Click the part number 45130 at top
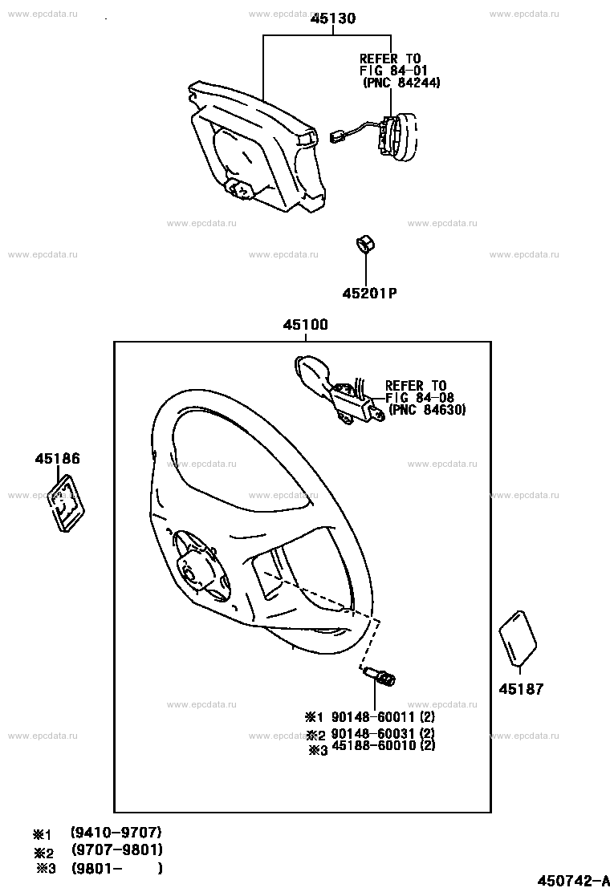pyautogui.click(x=333, y=18)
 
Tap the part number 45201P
pyautogui.click(x=370, y=294)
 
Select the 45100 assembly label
pyautogui.click(x=306, y=325)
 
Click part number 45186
pyautogui.click(x=58, y=459)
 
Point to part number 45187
pyautogui.click(x=521, y=689)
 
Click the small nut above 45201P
pyautogui.click(x=364, y=244)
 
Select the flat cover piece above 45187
pyautogui.click(x=518, y=639)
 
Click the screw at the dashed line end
pyautogui.click(x=380, y=677)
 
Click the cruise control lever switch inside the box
pyautogui.click(x=337, y=388)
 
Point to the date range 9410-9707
pyautogui.click(x=116, y=833)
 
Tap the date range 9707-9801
pyautogui.click(x=117, y=850)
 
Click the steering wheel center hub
pyautogui.click(x=194, y=569)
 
